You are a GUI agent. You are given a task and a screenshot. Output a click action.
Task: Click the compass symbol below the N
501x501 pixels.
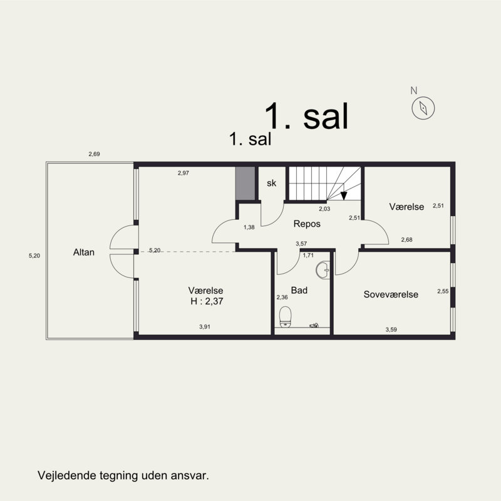click(423, 108)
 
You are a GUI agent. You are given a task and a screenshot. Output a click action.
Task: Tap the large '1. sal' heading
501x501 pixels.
click(306, 115)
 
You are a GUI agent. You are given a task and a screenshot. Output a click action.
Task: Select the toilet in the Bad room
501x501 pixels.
click(286, 316)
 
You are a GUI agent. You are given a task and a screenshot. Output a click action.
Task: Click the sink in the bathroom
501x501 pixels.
click(324, 270)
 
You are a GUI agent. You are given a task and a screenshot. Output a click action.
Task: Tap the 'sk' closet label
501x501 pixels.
click(271, 183)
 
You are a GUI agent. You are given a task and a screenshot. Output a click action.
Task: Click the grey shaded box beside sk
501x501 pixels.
click(245, 183)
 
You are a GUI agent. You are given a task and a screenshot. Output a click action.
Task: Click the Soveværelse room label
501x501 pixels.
click(391, 294)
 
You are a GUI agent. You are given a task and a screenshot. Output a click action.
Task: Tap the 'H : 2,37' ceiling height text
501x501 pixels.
click(206, 301)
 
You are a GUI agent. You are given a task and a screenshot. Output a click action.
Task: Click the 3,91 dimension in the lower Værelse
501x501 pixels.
click(205, 327)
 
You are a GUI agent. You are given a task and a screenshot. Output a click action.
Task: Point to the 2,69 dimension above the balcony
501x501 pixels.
click(94, 154)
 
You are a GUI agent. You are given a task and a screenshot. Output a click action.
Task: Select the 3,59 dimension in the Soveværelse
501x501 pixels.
click(391, 329)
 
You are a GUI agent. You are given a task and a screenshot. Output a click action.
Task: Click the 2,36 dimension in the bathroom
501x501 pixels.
click(282, 297)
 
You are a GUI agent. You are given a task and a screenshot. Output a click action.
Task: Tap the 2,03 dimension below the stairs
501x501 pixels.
click(324, 209)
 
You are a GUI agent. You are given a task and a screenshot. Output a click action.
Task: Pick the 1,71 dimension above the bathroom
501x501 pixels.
click(308, 256)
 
